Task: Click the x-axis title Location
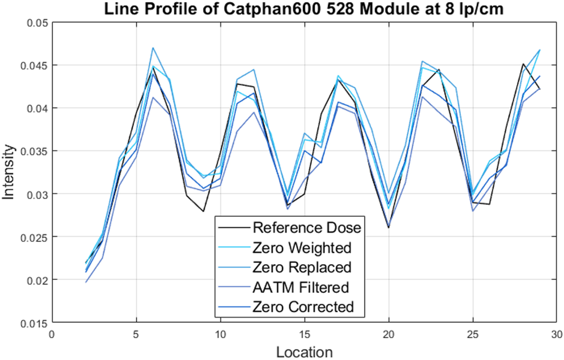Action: [x=304, y=352]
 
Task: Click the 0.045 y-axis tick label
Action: [x=34, y=65]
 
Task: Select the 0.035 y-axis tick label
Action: [x=34, y=151]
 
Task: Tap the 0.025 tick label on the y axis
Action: [x=34, y=237]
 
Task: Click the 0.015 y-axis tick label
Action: [x=34, y=323]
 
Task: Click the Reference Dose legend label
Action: [x=307, y=228]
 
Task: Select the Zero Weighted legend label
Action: [x=302, y=248]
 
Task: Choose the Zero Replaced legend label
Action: [x=302, y=267]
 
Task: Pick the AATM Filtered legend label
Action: [x=300, y=287]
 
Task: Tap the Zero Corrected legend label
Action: [x=303, y=307]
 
